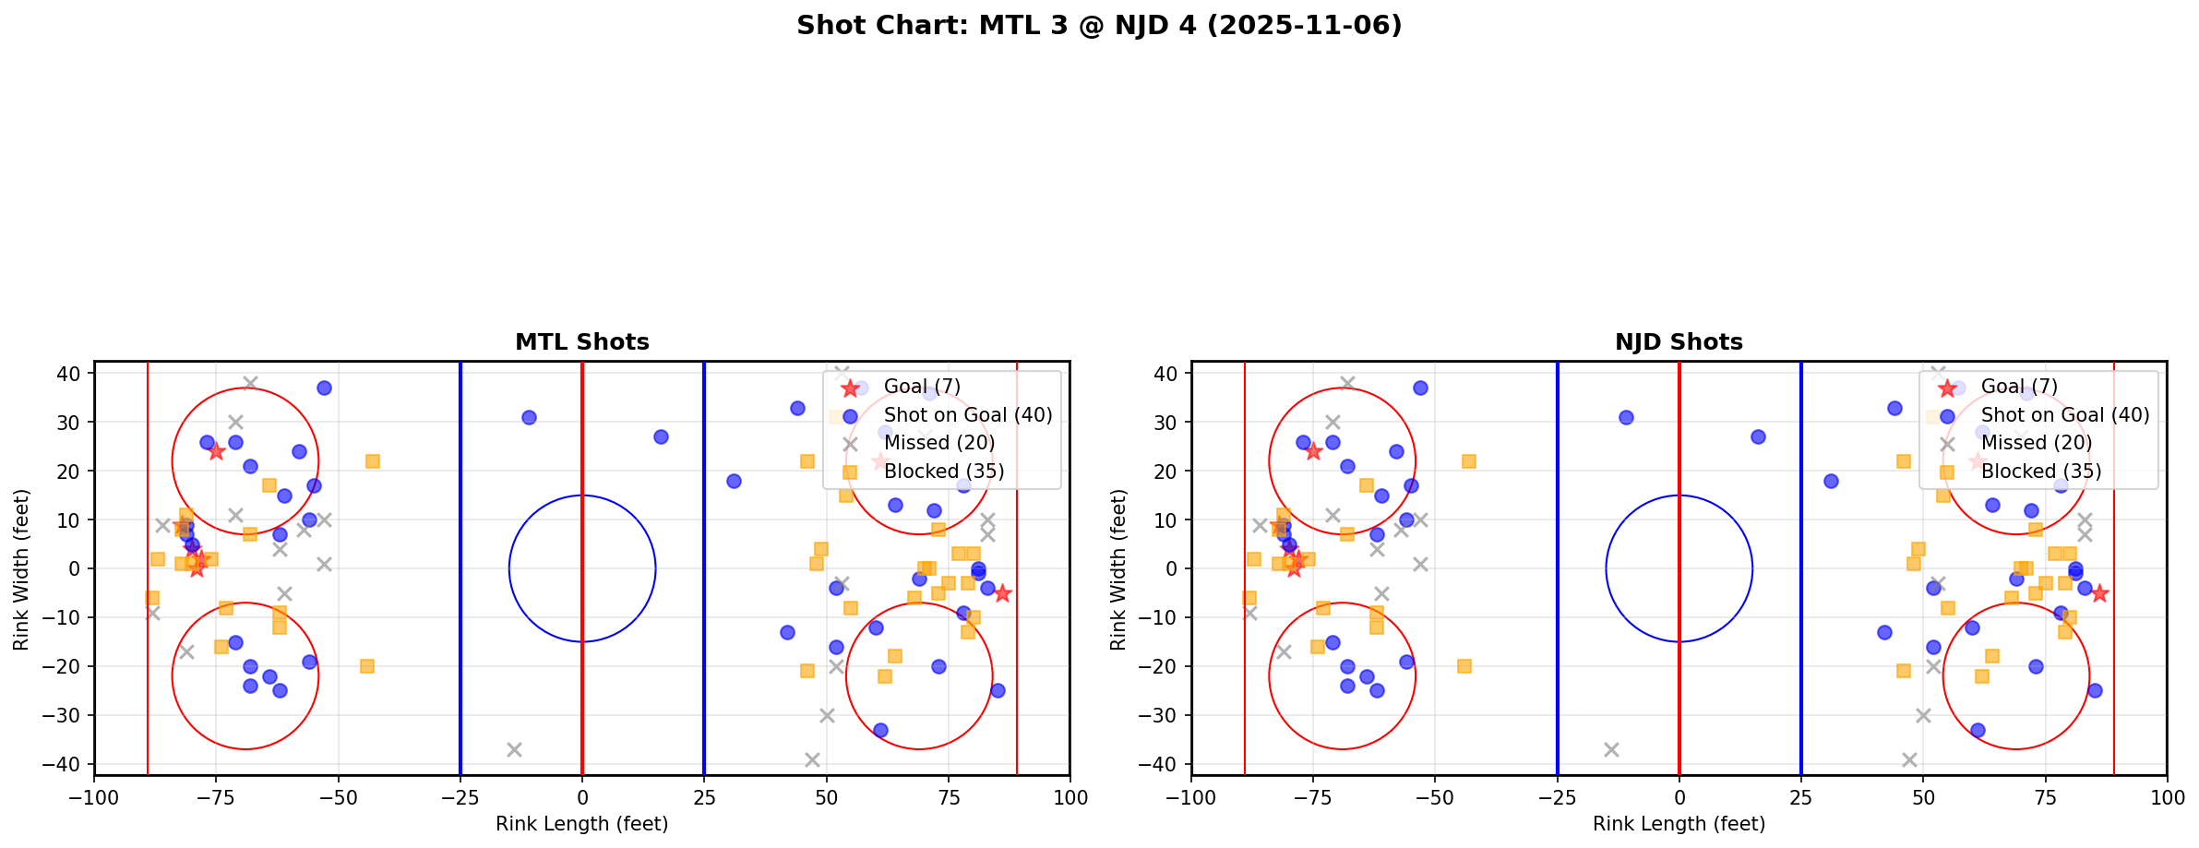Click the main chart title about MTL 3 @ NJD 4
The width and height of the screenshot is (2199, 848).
[1099, 26]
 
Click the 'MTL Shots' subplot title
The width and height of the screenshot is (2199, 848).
[581, 342]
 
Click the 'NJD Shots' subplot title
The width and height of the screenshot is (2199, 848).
[1679, 342]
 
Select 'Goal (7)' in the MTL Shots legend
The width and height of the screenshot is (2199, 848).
[922, 387]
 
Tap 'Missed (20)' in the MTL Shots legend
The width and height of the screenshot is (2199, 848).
[939, 443]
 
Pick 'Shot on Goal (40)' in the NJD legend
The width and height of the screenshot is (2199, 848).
[2065, 415]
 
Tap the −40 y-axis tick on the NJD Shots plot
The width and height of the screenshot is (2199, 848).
[1161, 764]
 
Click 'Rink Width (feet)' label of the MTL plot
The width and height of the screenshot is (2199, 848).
[21, 568]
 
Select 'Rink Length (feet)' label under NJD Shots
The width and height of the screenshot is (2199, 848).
[1679, 824]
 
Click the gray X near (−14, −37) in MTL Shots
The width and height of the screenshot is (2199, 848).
[514, 749]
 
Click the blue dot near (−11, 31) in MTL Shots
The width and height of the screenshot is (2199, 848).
[529, 417]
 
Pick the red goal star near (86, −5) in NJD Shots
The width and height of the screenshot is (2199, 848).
[2098, 593]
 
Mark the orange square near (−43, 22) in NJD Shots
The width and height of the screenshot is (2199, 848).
[1469, 461]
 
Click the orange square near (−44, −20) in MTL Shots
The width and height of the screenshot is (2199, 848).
[367, 666]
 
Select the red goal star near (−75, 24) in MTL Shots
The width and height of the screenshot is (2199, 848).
[216, 451]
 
